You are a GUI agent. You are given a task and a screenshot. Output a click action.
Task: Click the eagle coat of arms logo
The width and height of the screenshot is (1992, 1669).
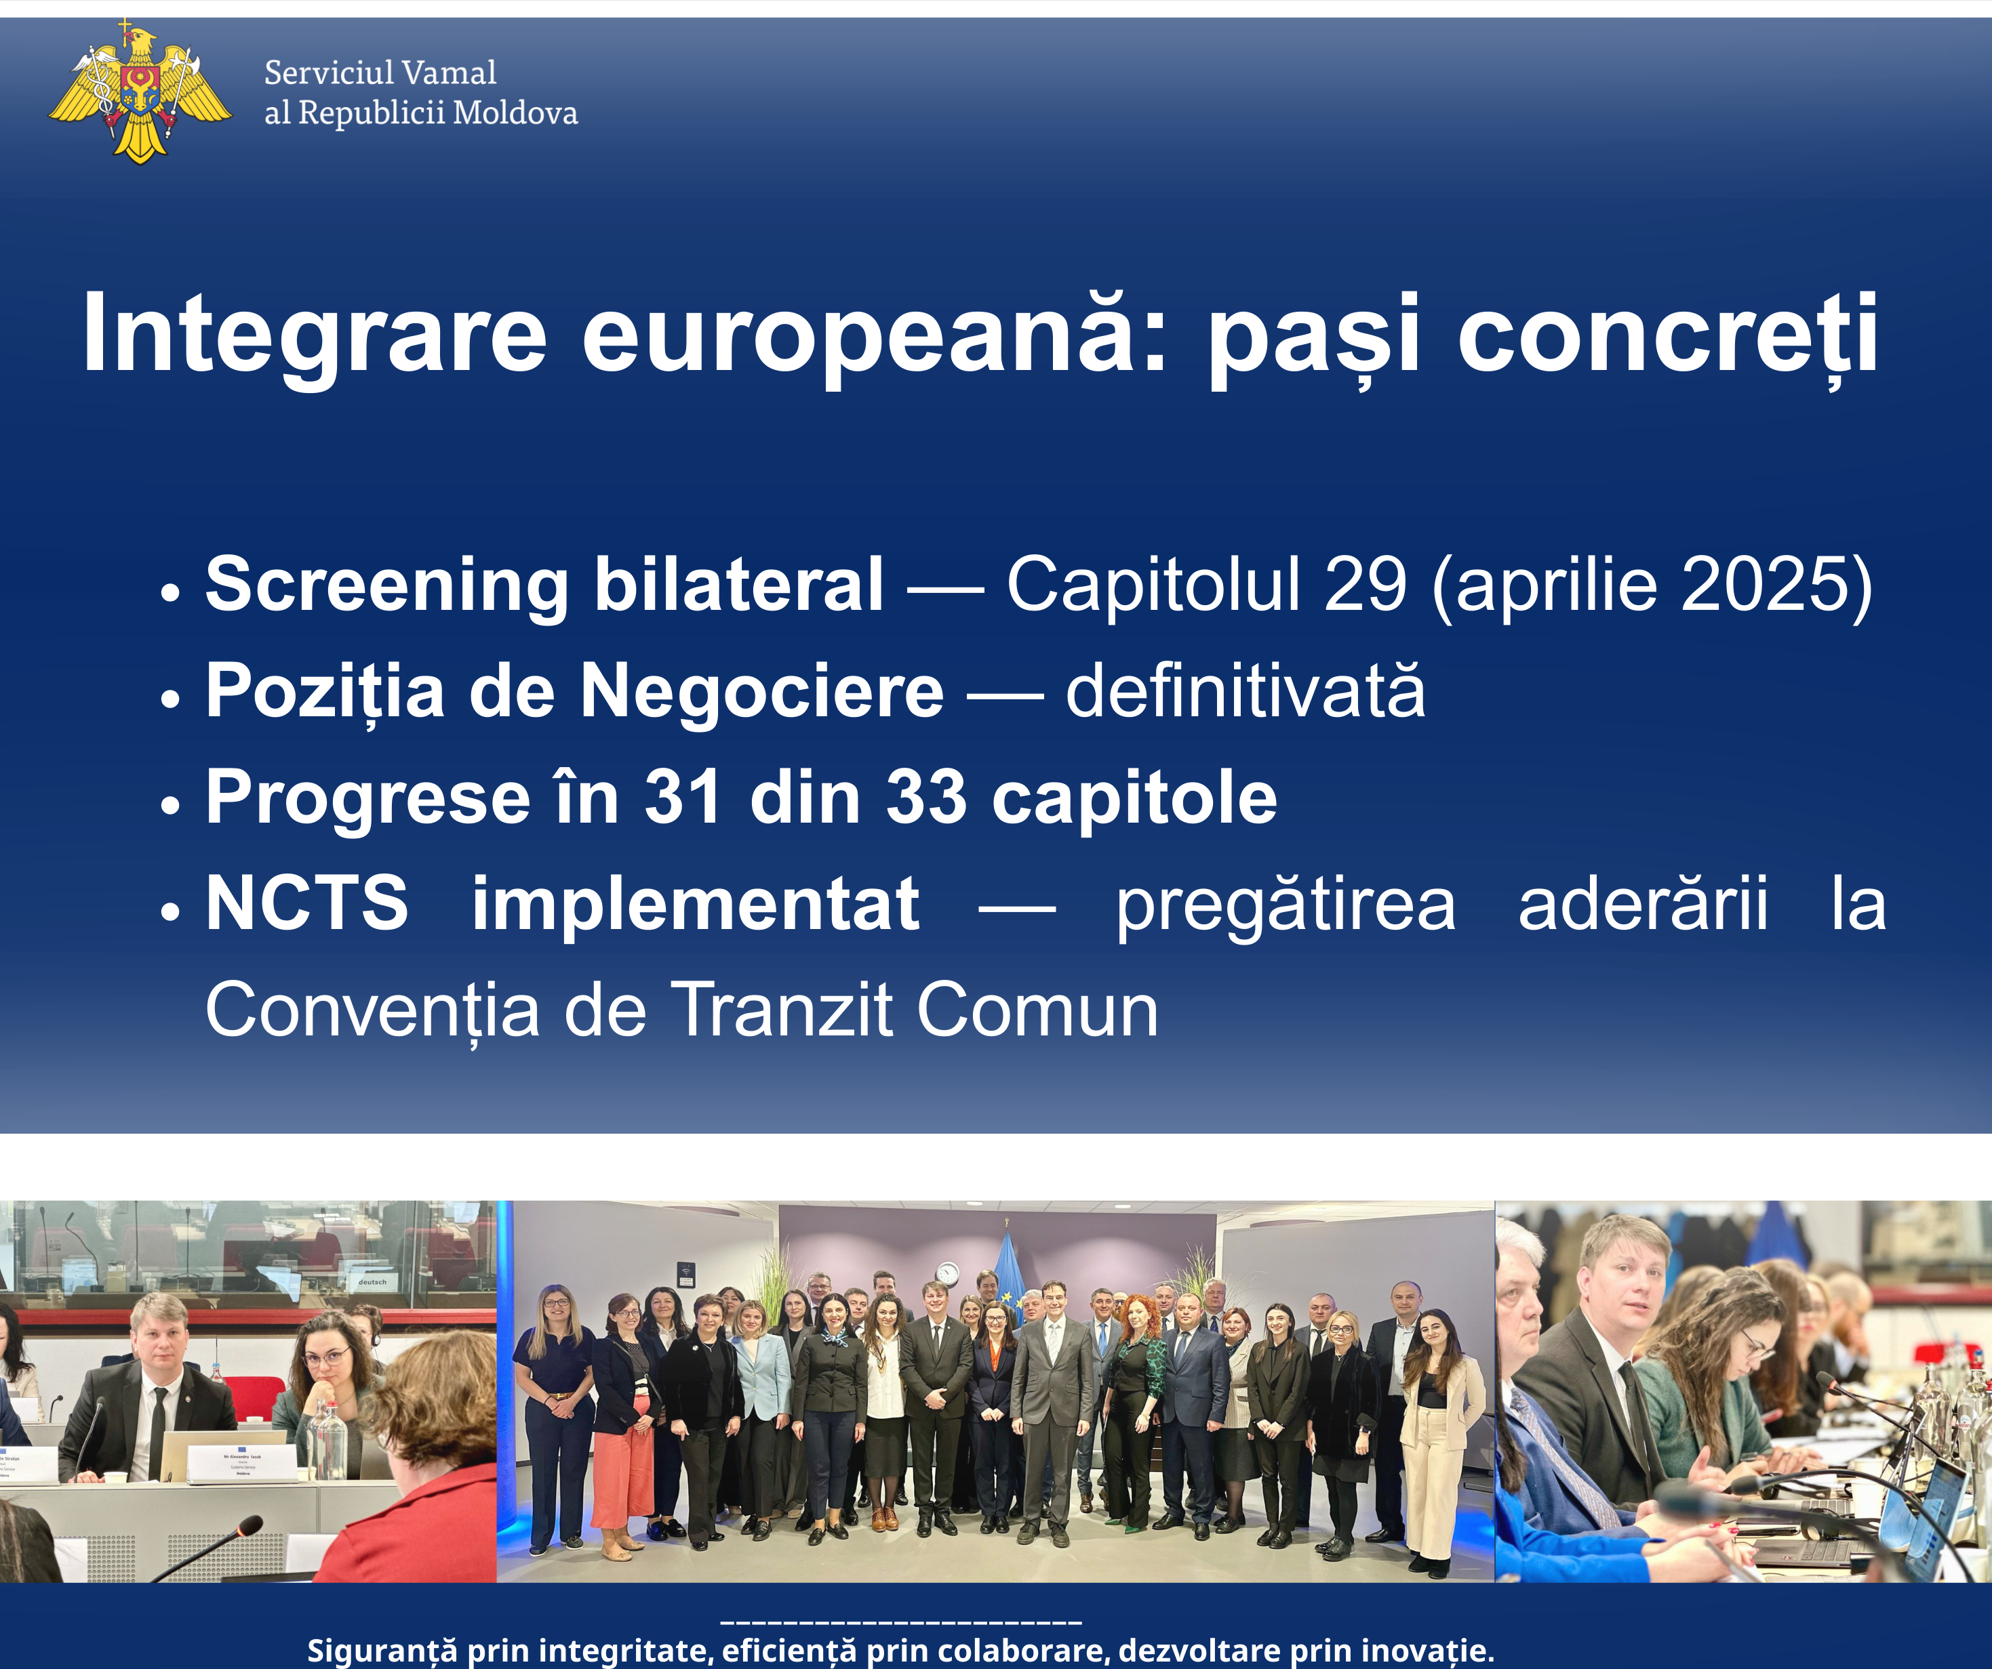tap(140, 93)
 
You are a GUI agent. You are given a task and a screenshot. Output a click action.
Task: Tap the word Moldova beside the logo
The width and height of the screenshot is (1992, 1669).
tap(515, 113)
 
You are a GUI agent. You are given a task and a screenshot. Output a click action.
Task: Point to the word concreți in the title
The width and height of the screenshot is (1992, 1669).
tap(1668, 335)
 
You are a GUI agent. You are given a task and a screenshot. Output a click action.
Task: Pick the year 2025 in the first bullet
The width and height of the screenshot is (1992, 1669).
tap(1764, 584)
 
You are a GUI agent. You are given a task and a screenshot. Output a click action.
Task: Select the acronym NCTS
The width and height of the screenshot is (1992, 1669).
tap(307, 904)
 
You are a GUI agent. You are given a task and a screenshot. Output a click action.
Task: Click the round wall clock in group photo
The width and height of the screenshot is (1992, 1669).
tap(947, 1273)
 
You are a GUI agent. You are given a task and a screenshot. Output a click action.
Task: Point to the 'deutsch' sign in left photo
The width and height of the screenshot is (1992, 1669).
tap(372, 1282)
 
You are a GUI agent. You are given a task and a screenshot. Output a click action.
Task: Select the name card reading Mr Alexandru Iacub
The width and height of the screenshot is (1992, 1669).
tap(243, 1463)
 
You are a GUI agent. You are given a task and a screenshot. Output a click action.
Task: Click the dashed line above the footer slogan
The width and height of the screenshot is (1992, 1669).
tap(901, 1622)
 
